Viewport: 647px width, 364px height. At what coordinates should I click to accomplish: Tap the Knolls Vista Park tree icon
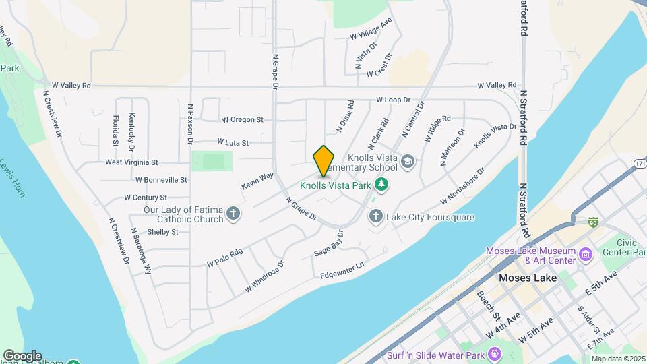pos(381,184)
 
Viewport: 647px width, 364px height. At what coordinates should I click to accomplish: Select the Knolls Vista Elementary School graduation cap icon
pos(408,161)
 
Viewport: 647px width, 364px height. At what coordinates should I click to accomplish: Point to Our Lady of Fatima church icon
pos(233,214)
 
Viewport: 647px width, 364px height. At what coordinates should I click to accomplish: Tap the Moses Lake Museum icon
pos(585,255)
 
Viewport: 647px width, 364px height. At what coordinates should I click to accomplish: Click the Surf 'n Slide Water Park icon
pos(495,353)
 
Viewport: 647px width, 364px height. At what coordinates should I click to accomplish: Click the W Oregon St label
pos(243,120)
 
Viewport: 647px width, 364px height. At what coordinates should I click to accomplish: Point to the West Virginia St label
pos(131,162)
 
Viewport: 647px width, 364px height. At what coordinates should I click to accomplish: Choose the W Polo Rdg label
pos(224,257)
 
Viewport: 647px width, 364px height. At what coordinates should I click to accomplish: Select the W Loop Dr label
pos(393,100)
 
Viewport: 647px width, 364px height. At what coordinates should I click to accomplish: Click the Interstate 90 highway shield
pos(592,221)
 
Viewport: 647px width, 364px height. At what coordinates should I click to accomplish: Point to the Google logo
pos(22,355)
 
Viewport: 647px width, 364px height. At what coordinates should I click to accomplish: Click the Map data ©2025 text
pos(618,359)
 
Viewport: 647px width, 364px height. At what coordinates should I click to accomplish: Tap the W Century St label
pos(146,198)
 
